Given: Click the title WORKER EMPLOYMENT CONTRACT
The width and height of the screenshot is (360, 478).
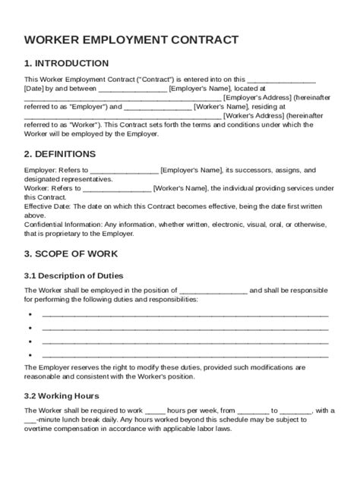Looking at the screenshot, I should click(x=131, y=39).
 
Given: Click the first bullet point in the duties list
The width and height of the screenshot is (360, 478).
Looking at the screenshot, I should click(x=29, y=313).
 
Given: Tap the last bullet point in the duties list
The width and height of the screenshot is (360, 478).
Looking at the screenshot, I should click(x=29, y=354).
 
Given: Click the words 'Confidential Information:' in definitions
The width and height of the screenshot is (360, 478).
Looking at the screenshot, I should click(x=63, y=225).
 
